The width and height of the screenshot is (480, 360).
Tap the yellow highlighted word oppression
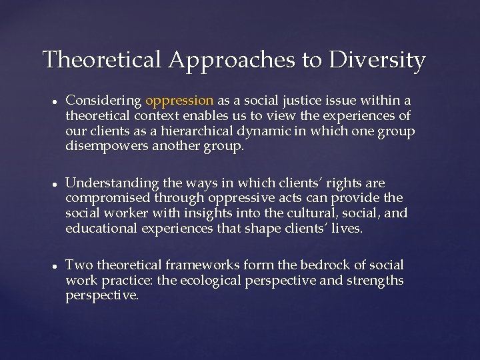click(179, 101)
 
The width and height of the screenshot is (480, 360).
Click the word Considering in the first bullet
click(103, 101)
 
